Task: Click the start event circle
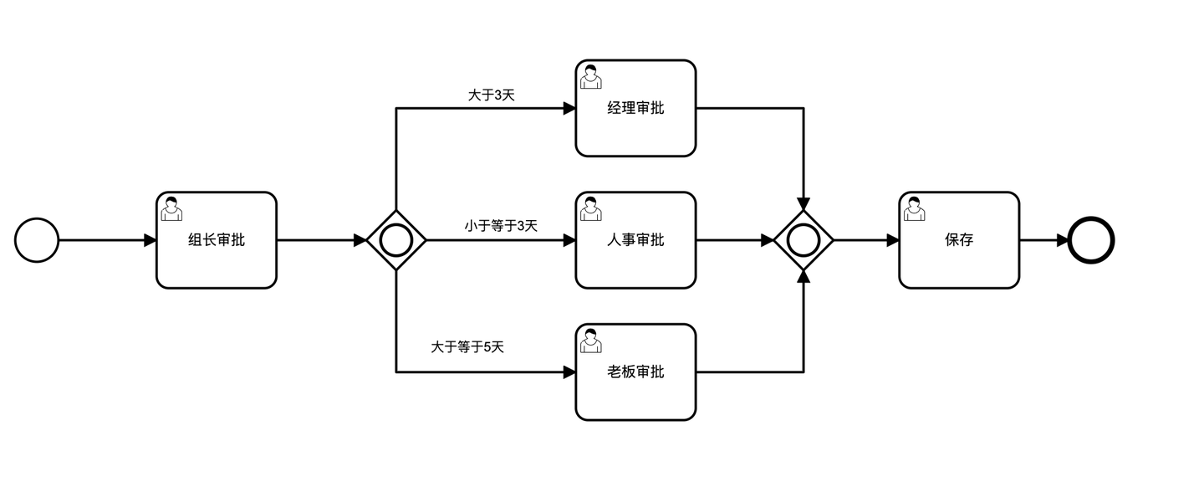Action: (x=37, y=240)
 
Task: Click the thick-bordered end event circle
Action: (x=1092, y=240)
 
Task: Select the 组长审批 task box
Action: (x=217, y=240)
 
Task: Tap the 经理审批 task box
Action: (x=635, y=108)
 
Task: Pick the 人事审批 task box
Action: (x=635, y=240)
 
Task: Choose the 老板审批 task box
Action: (x=635, y=372)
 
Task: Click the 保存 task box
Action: (x=959, y=240)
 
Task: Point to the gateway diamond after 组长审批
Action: (x=396, y=240)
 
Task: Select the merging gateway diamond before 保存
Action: (x=804, y=240)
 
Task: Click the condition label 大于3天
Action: (x=492, y=95)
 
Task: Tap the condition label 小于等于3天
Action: (x=501, y=226)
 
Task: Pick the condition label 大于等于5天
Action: (x=467, y=346)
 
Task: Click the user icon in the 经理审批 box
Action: (x=591, y=76)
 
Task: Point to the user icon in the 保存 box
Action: (x=915, y=208)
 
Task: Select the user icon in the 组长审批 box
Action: (x=171, y=208)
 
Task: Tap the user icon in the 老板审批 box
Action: (x=591, y=341)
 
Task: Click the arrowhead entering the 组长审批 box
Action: (x=150, y=240)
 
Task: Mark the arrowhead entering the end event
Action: (x=1064, y=240)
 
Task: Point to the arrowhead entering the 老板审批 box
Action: (x=570, y=372)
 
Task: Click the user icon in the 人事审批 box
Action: (x=591, y=208)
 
